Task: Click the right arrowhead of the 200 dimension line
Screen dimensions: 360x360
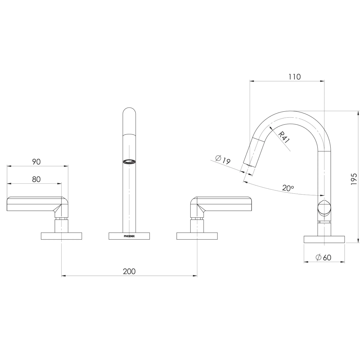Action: pyautogui.click(x=197, y=276)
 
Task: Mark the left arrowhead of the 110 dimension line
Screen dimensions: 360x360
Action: pyautogui.click(x=250, y=81)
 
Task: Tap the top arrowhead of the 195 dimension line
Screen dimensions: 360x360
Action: pyautogui.click(x=358, y=111)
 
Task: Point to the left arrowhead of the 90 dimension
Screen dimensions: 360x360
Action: pyautogui.click(x=7, y=166)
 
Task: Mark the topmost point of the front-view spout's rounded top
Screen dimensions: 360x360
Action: pyautogui.click(x=129, y=107)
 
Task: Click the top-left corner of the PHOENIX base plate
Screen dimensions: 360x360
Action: pyautogui.click(x=109, y=233)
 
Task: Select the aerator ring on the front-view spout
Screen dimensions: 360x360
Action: pyautogui.click(x=129, y=162)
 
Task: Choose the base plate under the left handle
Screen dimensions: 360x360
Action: pyautogui.click(x=61, y=236)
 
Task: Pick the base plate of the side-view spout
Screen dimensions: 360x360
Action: pyautogui.click(x=324, y=239)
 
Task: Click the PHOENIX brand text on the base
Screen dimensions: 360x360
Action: pyautogui.click(x=129, y=236)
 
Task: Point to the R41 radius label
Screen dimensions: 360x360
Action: pyautogui.click(x=284, y=137)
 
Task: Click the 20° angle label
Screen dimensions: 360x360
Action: pyautogui.click(x=288, y=188)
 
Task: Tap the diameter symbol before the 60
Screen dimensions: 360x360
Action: pyautogui.click(x=318, y=258)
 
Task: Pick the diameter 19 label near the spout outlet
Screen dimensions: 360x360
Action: pyautogui.click(x=223, y=159)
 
